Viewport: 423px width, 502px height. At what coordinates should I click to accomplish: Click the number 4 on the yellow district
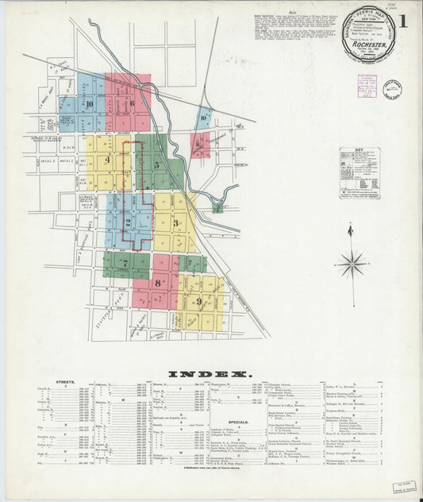(x=106, y=159)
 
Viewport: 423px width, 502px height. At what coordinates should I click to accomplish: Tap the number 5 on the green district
(x=156, y=165)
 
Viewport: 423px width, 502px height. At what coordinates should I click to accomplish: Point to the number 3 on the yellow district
(x=175, y=223)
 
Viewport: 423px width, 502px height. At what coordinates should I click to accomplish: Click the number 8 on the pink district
(x=157, y=283)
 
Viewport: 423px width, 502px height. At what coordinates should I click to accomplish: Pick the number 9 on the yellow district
(x=198, y=301)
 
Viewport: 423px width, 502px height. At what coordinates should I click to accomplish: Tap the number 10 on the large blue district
(x=90, y=103)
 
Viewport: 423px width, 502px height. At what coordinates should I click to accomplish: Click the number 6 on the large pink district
(x=132, y=102)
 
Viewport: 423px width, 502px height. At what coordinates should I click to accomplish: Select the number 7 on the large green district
(x=125, y=262)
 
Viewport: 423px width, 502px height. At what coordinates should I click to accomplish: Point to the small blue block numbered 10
(x=204, y=118)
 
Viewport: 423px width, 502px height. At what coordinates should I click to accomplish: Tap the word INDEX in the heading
(x=210, y=373)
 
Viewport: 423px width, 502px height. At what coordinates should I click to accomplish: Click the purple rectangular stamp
(x=367, y=86)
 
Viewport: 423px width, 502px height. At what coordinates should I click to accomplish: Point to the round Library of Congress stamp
(x=392, y=89)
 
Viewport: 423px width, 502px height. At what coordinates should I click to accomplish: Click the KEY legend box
(x=359, y=172)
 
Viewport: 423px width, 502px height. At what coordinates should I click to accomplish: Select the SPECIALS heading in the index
(x=238, y=422)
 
